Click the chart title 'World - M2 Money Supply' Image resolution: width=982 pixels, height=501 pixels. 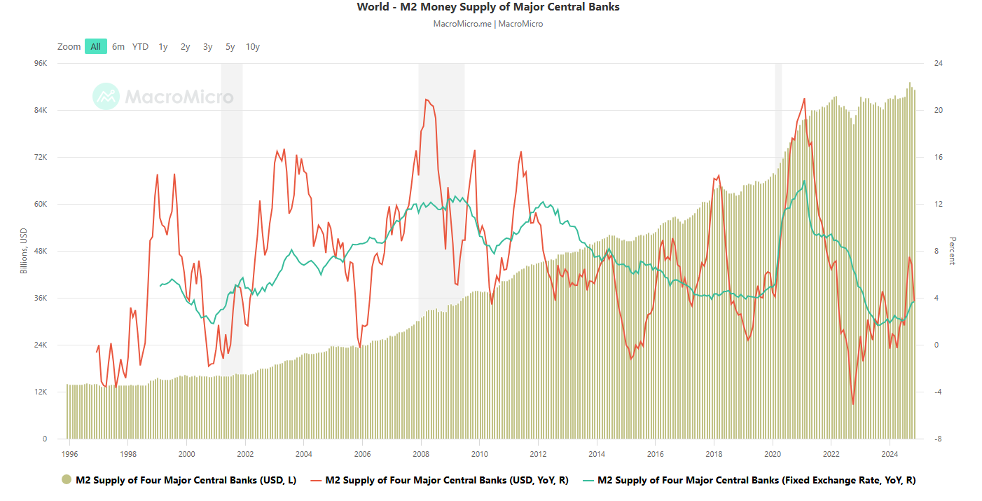point(488,7)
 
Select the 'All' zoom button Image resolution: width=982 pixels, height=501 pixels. point(96,47)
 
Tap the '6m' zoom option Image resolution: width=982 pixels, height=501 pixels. point(118,47)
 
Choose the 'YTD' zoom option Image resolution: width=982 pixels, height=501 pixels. point(140,47)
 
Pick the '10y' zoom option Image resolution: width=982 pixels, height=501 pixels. point(253,47)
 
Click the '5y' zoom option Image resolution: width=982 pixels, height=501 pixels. point(230,47)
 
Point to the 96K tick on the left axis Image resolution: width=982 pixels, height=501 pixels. point(41,63)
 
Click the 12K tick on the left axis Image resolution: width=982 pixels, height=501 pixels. point(41,392)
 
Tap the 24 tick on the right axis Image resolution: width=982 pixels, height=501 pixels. point(938,63)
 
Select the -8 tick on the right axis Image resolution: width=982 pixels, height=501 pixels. point(938,439)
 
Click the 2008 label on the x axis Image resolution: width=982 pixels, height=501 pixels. point(420,454)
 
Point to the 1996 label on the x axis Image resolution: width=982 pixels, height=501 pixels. point(69,454)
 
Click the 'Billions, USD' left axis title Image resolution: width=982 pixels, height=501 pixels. point(23,251)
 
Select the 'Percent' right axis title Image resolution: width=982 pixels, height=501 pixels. point(952,251)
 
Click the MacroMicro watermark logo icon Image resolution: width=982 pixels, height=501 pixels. point(106,97)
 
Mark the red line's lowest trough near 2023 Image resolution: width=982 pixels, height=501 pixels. point(852,404)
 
